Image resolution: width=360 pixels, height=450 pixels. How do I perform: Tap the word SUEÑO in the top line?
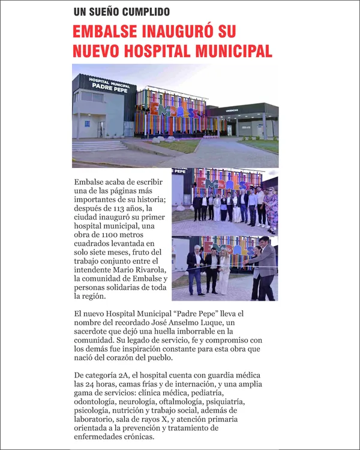pos(109,11)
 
